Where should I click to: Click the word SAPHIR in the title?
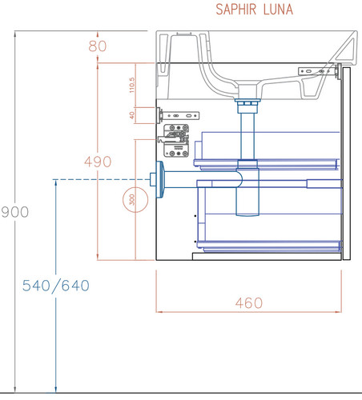[235, 10]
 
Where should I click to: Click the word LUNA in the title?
[278, 10]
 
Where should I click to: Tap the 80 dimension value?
[98, 46]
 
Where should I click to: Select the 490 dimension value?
[98, 162]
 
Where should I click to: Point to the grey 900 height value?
[15, 212]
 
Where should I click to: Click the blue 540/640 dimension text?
[56, 286]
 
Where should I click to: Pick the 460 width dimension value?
[249, 303]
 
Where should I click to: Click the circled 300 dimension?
[135, 200]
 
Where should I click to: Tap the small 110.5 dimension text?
[131, 85]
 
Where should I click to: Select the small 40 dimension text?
[131, 115]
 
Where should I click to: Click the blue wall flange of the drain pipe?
[159, 179]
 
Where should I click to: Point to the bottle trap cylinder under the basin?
[247, 191]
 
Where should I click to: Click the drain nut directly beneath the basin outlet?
[247, 102]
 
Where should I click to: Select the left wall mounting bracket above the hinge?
[179, 116]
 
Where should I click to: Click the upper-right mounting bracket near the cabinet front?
[319, 71]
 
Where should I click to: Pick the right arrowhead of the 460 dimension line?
[339, 311]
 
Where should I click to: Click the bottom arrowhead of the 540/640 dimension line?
[56, 390]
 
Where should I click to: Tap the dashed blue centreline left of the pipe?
[101, 179]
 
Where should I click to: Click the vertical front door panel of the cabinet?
[347, 163]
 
